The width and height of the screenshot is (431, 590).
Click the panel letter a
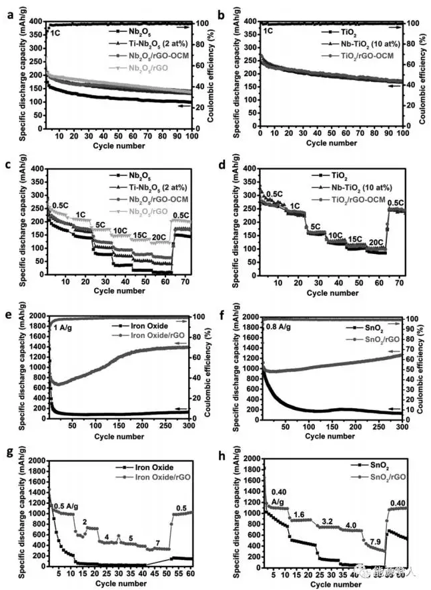pyautogui.click(x=9, y=9)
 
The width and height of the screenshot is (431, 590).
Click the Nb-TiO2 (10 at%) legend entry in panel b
pyautogui.click(x=358, y=43)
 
